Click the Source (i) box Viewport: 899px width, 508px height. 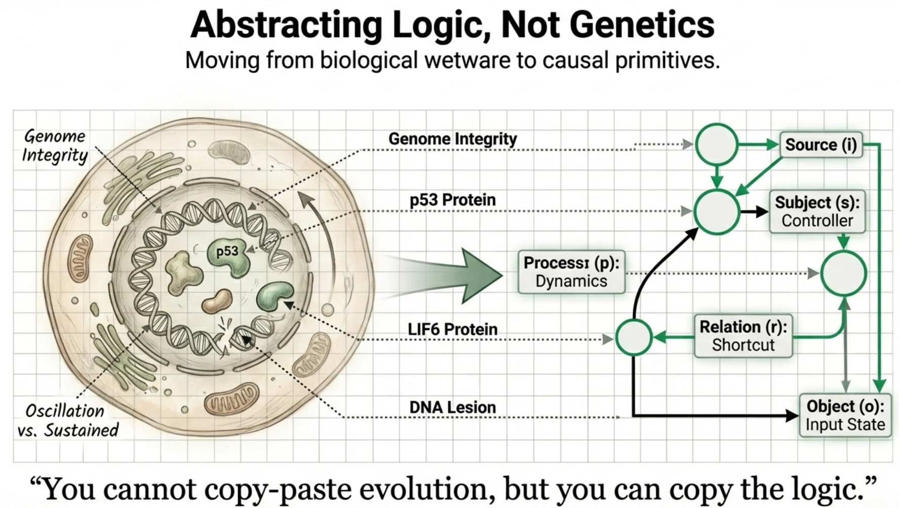click(820, 144)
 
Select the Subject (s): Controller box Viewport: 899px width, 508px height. click(817, 211)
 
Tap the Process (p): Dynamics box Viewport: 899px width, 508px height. click(571, 272)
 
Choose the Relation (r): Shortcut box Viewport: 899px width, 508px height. click(743, 336)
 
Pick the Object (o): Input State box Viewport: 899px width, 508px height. click(845, 415)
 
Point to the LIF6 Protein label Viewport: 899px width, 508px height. click(453, 330)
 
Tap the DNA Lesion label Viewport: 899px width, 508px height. click(453, 407)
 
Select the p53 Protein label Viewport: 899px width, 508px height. click(453, 200)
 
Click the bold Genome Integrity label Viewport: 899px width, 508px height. click(453, 139)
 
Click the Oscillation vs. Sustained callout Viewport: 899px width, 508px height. click(67, 420)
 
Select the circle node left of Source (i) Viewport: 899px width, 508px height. click(716, 144)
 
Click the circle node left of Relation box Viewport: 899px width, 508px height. click(634, 337)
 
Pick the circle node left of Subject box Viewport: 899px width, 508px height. click(716, 212)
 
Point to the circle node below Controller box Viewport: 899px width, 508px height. click(843, 274)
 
